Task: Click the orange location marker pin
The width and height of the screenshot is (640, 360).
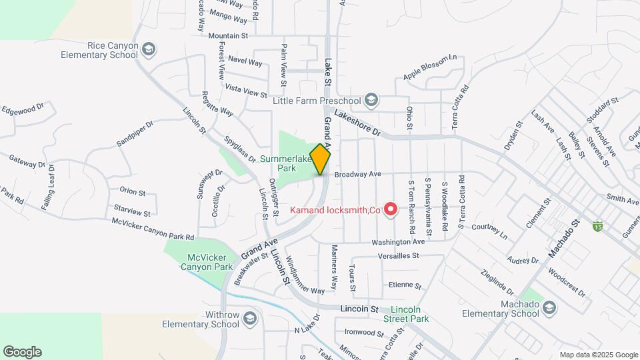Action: [321, 159]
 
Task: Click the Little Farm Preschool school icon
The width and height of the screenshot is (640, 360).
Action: [371, 101]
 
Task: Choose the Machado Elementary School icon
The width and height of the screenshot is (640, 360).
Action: [549, 307]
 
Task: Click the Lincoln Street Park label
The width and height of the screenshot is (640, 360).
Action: [409, 314]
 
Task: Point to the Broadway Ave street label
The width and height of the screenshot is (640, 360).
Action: [357, 174]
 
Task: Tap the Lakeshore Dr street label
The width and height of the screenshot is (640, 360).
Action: [356, 123]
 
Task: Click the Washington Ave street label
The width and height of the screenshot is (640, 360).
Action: [398, 242]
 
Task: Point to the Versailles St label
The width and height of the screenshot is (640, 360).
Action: [396, 255]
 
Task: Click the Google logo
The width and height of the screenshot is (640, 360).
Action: [22, 352]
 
